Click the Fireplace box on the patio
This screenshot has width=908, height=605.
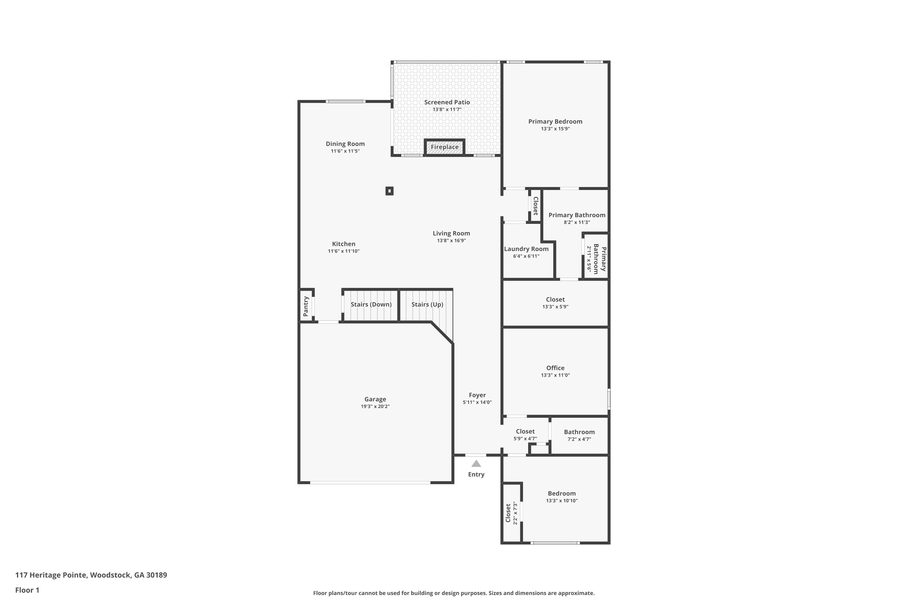(444, 147)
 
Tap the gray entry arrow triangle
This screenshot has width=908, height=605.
(476, 464)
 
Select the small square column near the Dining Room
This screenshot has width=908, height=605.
(389, 191)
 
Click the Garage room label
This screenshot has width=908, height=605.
(375, 399)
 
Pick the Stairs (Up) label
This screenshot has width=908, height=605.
(427, 304)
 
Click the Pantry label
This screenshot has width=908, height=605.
(306, 306)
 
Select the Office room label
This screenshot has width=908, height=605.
(555, 368)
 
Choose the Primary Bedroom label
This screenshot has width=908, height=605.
(555, 122)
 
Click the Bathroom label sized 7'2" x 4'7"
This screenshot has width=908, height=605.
(579, 432)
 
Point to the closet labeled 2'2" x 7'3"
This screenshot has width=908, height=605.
(511, 513)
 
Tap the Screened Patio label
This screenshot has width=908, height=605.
(447, 102)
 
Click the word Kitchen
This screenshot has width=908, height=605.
(343, 244)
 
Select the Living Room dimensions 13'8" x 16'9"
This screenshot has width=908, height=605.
(451, 241)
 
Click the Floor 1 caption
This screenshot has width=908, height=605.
(27, 590)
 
